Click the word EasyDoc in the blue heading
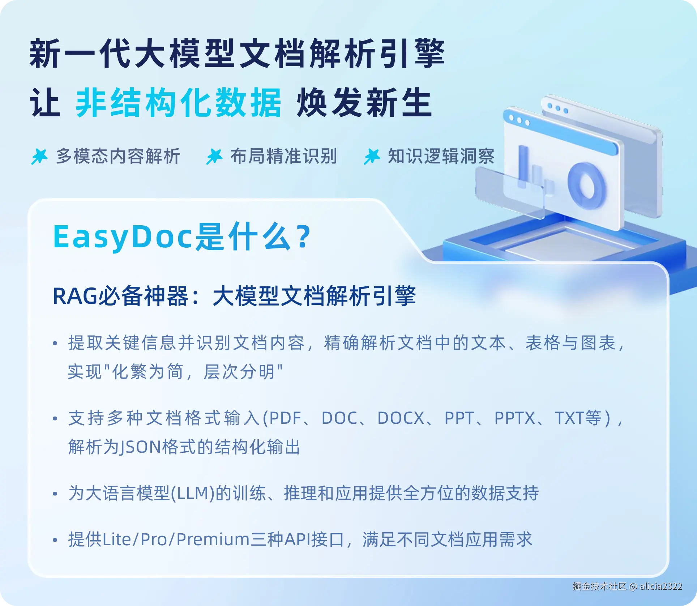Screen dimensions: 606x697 (122, 238)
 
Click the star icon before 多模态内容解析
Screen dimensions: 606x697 (39, 157)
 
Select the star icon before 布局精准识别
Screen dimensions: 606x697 (214, 157)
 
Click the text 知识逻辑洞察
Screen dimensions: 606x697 (441, 156)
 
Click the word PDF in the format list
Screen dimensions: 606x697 (285, 418)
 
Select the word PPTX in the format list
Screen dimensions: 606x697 (514, 418)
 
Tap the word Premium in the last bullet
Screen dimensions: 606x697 (213, 539)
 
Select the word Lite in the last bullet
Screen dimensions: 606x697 (117, 539)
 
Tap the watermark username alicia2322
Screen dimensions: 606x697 (661, 586)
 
